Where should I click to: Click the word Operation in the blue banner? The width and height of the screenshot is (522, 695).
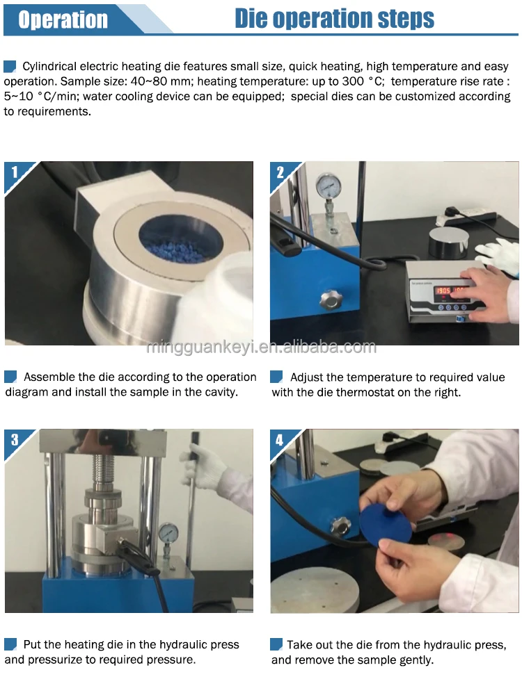coord(63,19)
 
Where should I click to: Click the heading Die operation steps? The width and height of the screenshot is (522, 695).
coord(334,19)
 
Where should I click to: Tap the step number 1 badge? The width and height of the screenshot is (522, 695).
coord(15,172)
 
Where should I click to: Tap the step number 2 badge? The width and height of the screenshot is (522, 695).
coord(280,172)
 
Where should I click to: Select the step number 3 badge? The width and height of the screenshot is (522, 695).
coord(15,440)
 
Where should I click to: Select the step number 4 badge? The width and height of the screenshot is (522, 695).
coord(280,440)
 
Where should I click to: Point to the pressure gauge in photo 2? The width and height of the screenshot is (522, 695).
coord(329,186)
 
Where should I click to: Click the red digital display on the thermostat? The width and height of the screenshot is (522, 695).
coord(450,291)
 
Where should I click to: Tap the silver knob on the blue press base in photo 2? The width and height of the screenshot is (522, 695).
coord(330,299)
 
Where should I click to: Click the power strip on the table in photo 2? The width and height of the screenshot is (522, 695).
coord(466,217)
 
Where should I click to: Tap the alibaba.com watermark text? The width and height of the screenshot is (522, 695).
coord(262,347)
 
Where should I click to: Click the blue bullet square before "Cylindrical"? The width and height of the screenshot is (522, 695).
coord(10,67)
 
